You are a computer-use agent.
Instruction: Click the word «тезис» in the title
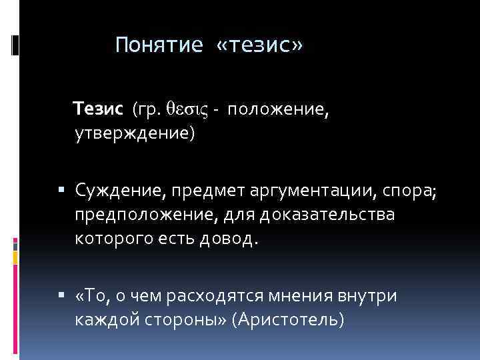coord(260,45)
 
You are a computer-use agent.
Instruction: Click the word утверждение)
coord(135,134)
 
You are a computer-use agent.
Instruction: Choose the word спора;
coord(409,192)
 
